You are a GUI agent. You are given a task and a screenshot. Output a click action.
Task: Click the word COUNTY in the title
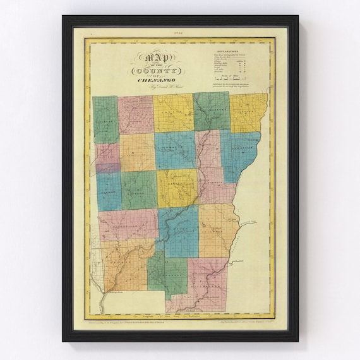coord(155,71)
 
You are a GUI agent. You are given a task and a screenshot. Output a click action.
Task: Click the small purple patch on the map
coord(107,168)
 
